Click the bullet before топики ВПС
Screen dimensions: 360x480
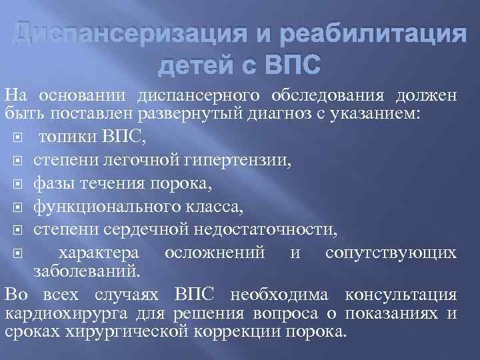[18, 139]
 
